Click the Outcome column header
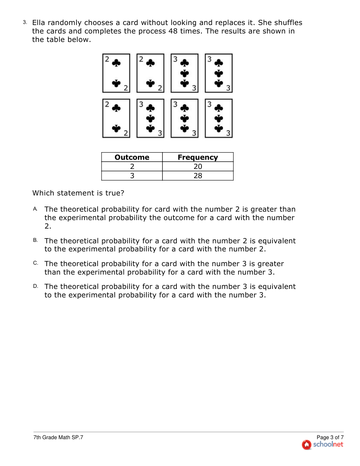132,157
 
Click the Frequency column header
197,157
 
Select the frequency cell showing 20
198,166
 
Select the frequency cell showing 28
198,176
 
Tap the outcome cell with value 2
132,166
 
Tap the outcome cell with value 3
132,176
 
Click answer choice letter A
35,209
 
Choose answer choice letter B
35,240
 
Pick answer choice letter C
35,263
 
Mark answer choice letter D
35,286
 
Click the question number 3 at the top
25,22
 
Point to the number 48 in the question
173,31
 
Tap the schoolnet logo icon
306,445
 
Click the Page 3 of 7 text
330,437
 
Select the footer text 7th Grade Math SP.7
58,437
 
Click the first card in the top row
116,73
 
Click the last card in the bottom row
219,118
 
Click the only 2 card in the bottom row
116,118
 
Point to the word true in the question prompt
113,193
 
